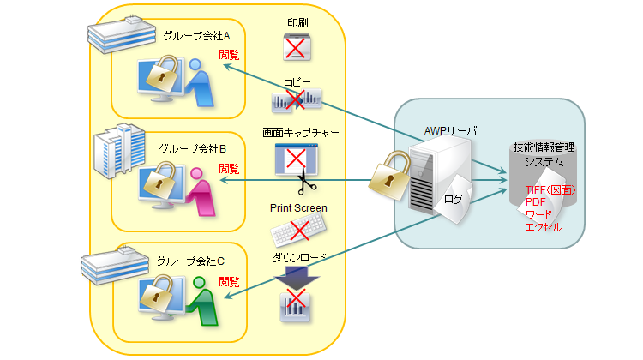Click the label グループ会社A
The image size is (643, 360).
click(x=198, y=35)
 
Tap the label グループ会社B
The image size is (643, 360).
click(x=192, y=148)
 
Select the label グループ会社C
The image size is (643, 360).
click(x=191, y=260)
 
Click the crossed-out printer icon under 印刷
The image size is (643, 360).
click(x=297, y=45)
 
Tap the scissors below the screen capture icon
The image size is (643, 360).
click(x=302, y=183)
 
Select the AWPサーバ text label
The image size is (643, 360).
click(x=451, y=130)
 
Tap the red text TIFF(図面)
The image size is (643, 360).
click(x=550, y=189)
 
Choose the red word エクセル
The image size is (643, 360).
click(x=543, y=227)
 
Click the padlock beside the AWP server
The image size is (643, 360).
click(x=389, y=176)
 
